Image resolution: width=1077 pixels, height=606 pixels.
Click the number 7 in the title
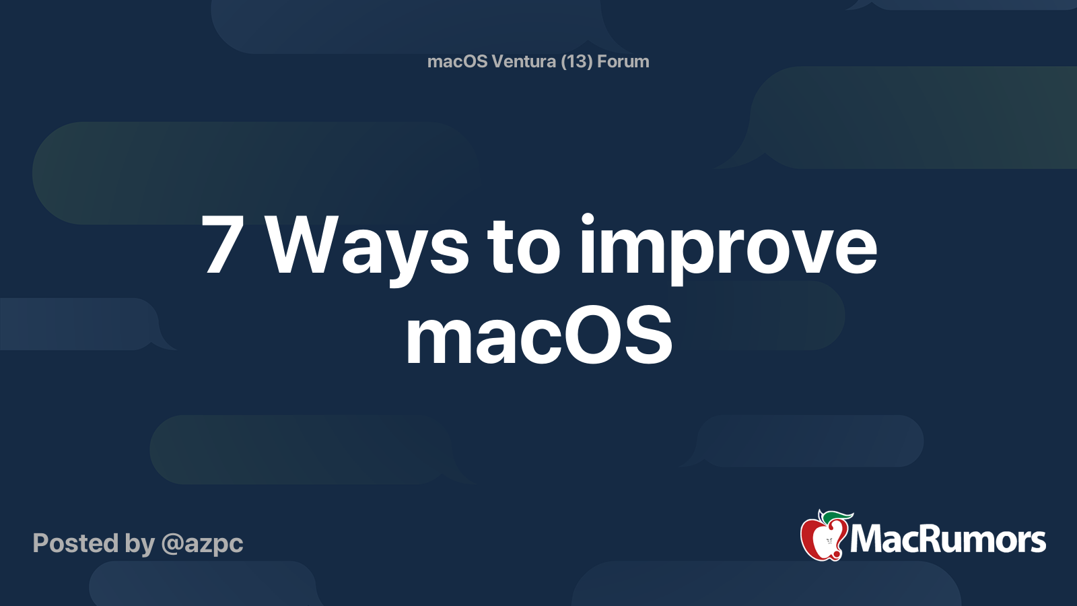point(221,244)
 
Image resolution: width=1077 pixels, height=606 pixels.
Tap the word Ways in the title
point(366,250)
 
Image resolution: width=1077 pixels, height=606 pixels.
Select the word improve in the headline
point(728,249)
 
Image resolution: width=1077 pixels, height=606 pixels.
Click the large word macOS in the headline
point(538,335)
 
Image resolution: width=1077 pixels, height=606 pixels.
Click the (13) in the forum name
point(576,61)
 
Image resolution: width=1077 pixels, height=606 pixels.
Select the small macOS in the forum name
point(457,61)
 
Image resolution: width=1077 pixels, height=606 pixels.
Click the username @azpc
point(202,544)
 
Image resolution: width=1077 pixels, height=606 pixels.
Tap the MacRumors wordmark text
point(947,539)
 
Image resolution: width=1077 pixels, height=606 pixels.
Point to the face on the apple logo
point(829,541)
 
